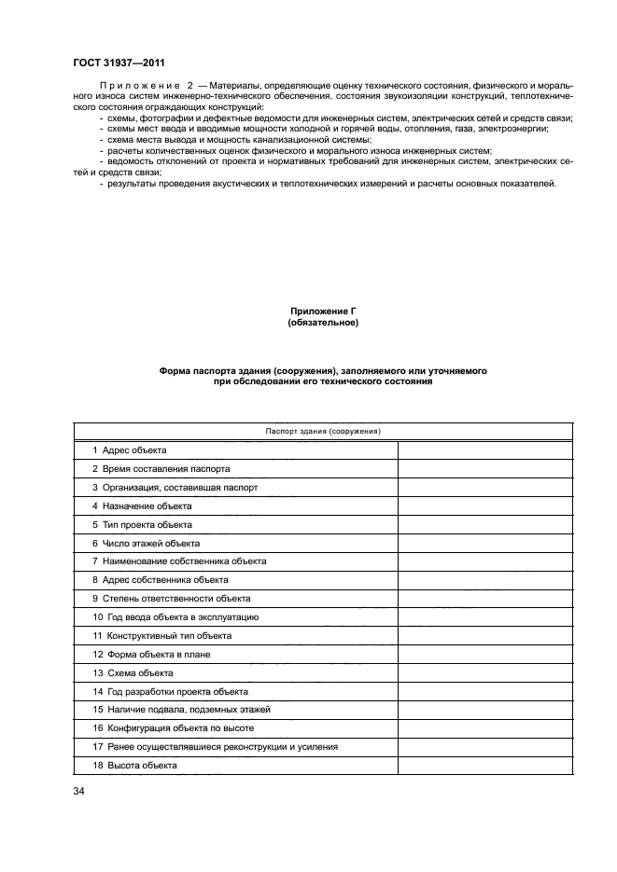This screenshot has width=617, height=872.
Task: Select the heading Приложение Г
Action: pos(323,311)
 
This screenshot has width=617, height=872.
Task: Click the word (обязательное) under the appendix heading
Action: pos(323,323)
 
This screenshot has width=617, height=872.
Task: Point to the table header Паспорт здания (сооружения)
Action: pos(323,431)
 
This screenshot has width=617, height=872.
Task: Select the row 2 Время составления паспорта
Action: pos(161,469)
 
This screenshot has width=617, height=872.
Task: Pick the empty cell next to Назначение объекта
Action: pos(485,506)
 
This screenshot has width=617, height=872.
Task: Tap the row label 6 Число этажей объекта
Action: pos(146,543)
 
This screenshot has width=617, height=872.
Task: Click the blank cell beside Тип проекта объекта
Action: pos(485,524)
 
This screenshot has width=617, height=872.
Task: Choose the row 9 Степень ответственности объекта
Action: pos(171,599)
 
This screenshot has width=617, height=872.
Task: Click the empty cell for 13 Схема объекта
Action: pos(485,672)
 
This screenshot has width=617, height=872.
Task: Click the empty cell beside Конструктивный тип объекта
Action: pos(485,635)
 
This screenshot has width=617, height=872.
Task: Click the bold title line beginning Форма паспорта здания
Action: pos(323,370)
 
